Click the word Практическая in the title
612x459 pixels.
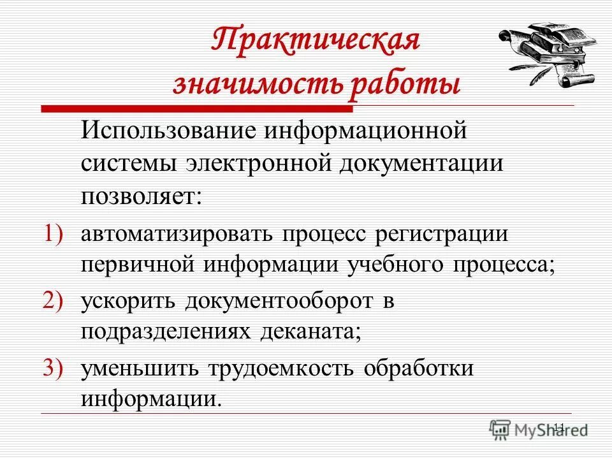[316, 41]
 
